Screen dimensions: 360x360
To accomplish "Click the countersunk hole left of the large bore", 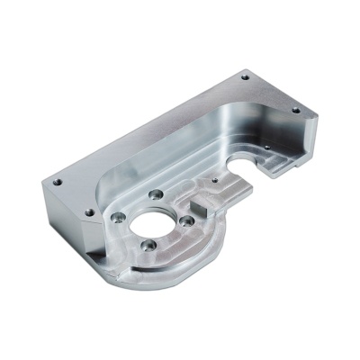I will tap(117, 216).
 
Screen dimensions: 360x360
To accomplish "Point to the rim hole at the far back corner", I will tap(244, 77).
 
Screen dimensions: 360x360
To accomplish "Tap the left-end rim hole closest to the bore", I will tap(88, 212).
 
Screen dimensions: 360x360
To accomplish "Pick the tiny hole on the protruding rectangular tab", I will tap(215, 180).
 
